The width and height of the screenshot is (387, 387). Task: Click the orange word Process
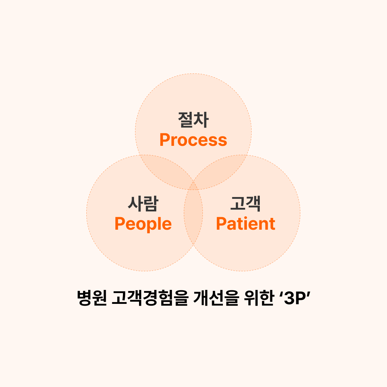[193, 140]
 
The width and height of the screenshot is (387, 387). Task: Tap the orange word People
[143, 224]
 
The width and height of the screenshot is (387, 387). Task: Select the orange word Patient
[245, 224]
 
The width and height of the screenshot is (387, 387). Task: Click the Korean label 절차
[193, 120]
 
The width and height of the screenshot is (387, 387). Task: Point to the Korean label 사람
[143, 204]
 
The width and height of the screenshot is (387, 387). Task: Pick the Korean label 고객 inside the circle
[245, 204]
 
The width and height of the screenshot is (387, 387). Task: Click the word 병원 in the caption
[92, 298]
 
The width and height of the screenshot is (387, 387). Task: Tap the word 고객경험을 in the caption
[150, 298]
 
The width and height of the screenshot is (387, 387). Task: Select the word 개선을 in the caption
[216, 298]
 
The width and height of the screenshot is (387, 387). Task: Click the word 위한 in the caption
[259, 298]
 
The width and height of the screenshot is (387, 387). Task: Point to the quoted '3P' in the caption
[295, 297]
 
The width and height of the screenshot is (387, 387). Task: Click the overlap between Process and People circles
[167, 170]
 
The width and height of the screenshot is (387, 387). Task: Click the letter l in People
[159, 223]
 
